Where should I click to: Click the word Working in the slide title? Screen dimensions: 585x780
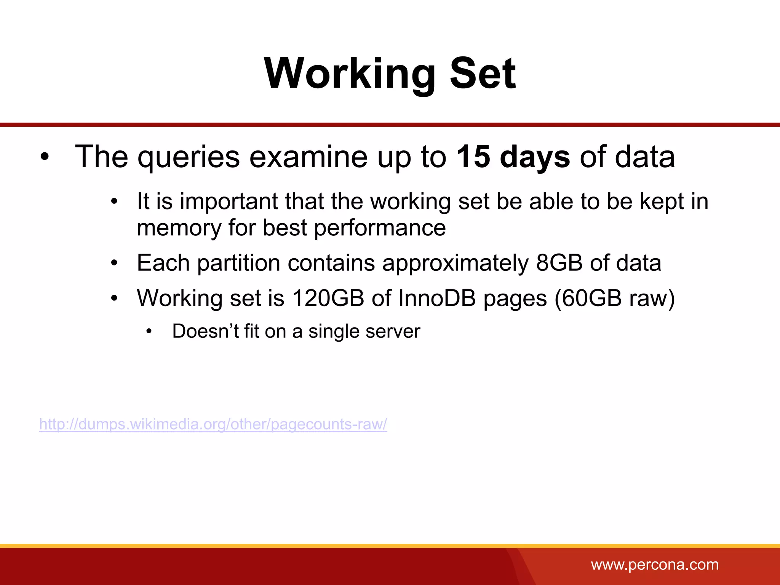[350, 74]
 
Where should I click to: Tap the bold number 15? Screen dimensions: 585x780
[473, 157]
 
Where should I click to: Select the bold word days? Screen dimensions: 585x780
[535, 157]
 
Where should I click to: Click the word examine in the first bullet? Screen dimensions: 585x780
[308, 157]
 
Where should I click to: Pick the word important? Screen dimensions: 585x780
[229, 201]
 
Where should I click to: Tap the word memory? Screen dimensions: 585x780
[179, 228]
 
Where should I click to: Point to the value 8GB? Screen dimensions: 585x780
[559, 263]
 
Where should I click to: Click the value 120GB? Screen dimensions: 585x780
[328, 298]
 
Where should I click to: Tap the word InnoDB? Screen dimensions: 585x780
[437, 298]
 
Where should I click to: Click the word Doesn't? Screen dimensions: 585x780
[205, 331]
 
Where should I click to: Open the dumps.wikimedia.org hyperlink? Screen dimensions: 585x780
[213, 424]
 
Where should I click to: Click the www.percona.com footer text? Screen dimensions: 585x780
[655, 565]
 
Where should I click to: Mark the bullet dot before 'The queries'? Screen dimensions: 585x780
[45, 157]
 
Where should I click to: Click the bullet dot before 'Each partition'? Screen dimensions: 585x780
[114, 263]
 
